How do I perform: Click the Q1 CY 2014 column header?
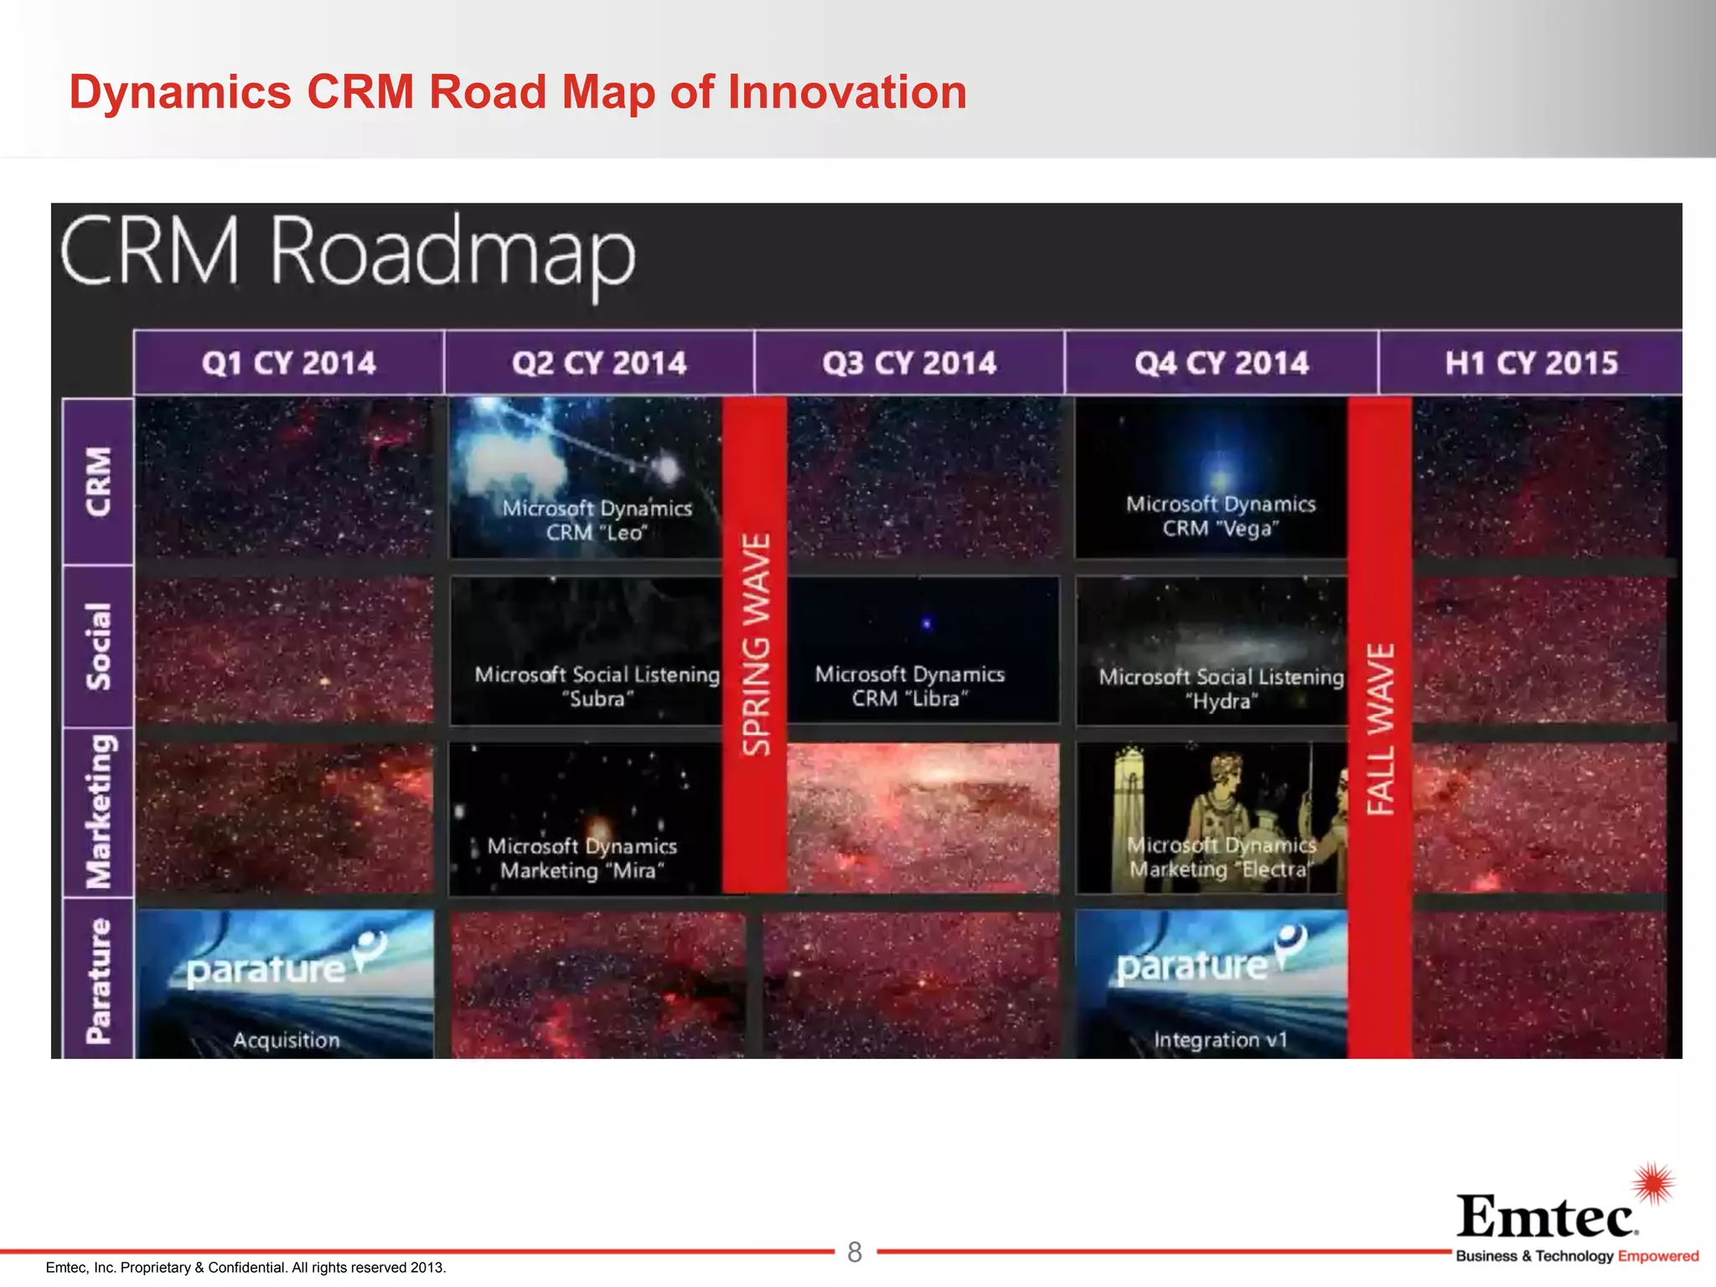[289, 363]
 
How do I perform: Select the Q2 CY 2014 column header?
[599, 363]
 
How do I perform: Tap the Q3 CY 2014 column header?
[909, 363]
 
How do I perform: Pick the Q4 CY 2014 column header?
[1222, 363]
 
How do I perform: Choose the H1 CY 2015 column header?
[1531, 363]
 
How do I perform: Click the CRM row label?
[98, 482]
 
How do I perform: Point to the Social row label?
[98, 646]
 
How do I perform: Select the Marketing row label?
[98, 812]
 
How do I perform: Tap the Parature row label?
[98, 981]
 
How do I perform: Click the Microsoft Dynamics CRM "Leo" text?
[597, 520]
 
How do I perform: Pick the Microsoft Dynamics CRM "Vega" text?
[1221, 516]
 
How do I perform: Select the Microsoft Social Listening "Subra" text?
[597, 686]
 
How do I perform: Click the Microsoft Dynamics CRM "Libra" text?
[909, 686]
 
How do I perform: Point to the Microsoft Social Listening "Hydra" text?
[1221, 689]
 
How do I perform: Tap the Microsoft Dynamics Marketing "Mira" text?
[582, 858]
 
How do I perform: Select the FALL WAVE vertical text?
[1380, 729]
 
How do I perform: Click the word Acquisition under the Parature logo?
[287, 1040]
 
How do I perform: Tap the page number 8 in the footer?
[855, 1252]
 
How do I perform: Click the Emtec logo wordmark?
[1547, 1216]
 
